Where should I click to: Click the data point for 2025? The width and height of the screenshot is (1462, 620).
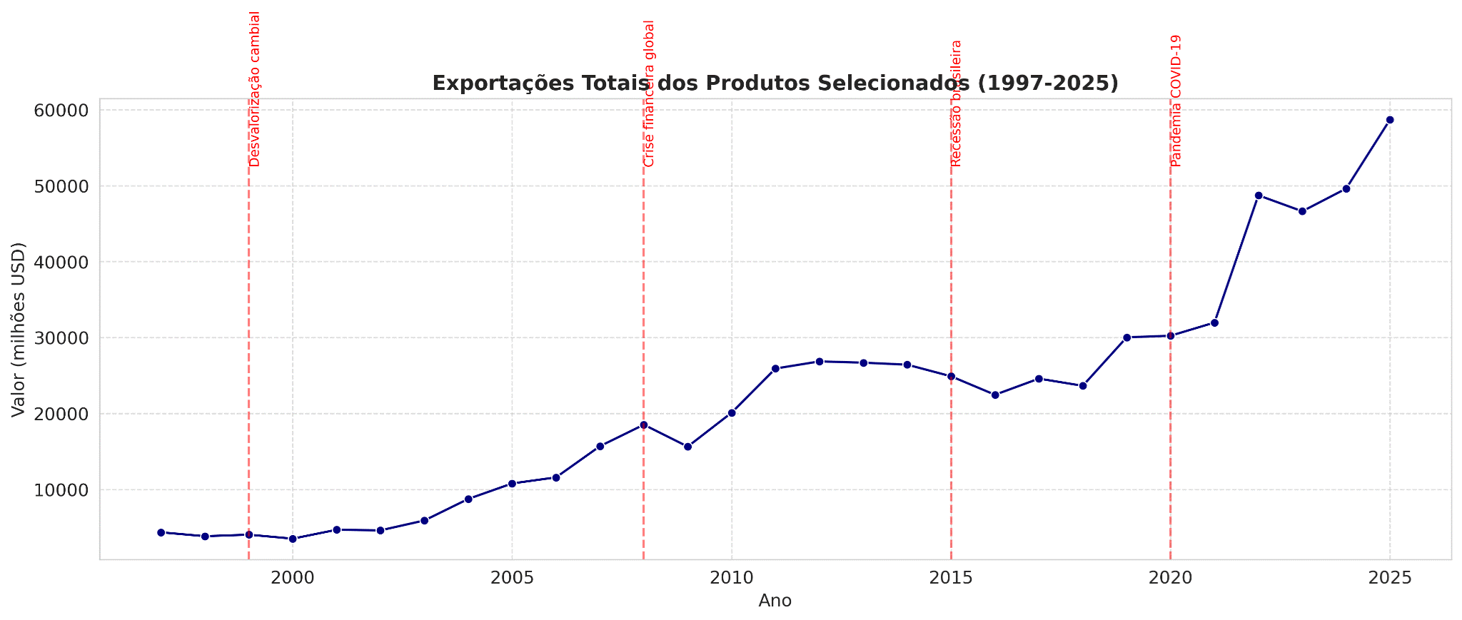[1390, 120]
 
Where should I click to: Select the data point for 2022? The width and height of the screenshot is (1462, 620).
[1259, 195]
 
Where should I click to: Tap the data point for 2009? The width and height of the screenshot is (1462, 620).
[687, 447]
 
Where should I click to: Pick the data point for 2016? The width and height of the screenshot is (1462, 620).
[995, 395]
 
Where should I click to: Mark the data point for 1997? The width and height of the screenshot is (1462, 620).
[161, 532]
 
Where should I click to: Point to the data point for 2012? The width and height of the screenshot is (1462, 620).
[820, 362]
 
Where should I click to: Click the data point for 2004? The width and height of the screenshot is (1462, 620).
[468, 499]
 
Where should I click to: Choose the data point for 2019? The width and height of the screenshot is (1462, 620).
[1126, 337]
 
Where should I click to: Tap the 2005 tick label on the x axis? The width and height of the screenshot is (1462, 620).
[512, 576]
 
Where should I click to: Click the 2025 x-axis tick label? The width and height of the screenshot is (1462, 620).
[1390, 576]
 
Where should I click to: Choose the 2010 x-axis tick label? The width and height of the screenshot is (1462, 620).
[732, 576]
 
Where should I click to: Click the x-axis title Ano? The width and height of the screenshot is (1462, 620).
[775, 601]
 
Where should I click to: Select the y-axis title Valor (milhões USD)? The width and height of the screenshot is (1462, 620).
[19, 330]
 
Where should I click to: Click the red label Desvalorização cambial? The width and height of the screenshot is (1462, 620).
[255, 89]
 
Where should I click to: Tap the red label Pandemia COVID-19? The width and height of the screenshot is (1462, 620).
[1176, 101]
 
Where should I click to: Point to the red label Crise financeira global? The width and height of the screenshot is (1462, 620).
[649, 93]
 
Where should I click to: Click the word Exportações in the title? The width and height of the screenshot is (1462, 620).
[493, 83]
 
